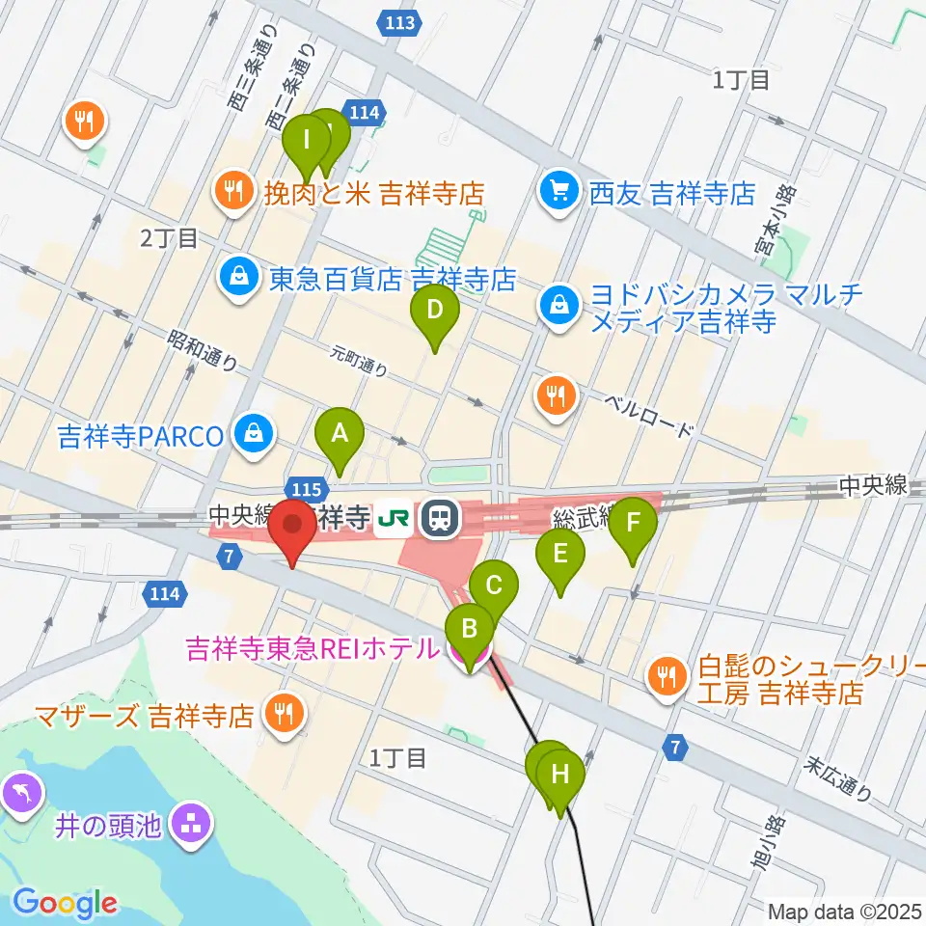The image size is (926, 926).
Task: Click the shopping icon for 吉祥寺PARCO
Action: click(x=252, y=435)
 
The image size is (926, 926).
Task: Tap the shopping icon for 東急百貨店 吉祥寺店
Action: click(x=235, y=280)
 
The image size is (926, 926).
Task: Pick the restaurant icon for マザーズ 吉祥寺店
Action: click(x=284, y=715)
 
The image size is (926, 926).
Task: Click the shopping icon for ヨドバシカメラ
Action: click(x=558, y=308)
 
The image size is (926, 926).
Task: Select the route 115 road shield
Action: click(x=303, y=489)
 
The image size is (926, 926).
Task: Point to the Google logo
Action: click(x=65, y=903)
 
